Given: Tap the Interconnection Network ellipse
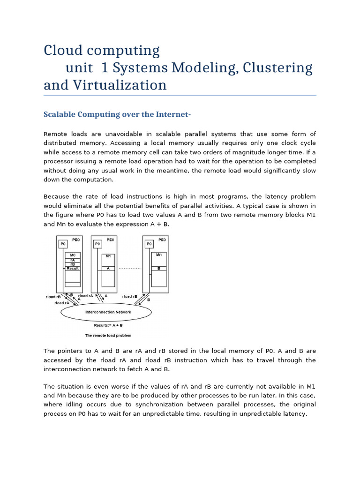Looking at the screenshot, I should (108, 312).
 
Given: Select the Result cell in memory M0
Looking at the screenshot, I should (73, 269).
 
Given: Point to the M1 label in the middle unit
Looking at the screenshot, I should (108, 256).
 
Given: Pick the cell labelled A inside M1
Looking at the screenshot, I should (108, 269).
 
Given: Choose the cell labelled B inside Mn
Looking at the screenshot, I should (158, 269).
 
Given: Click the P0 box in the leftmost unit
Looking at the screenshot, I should (62, 244).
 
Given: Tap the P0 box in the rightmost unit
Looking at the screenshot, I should (149, 244).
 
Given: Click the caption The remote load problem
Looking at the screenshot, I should (108, 336).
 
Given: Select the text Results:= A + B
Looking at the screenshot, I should (108, 324).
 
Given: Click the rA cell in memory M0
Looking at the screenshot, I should (73, 260).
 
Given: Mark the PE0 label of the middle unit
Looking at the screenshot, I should (111, 239).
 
